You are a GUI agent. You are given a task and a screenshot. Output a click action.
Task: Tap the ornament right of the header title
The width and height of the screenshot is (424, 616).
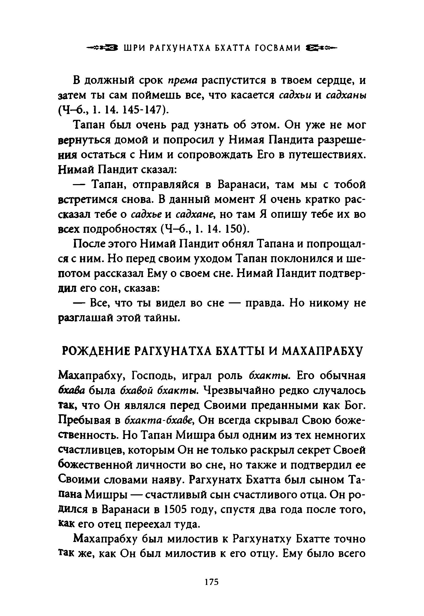tap(321, 48)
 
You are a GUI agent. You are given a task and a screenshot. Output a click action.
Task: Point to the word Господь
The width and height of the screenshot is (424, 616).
tap(153, 376)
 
